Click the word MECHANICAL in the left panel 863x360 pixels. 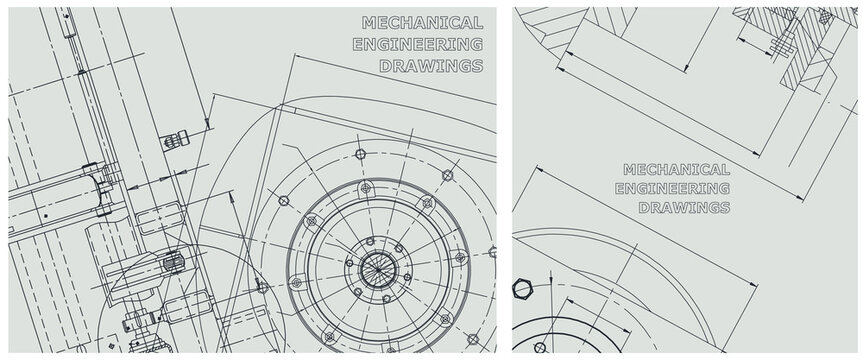tap(422, 23)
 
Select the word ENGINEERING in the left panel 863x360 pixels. tap(418, 44)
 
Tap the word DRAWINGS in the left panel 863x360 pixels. tap(432, 66)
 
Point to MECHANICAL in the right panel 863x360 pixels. tap(676, 169)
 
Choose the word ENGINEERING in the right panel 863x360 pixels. tap(673, 188)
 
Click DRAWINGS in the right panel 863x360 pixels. tap(685, 208)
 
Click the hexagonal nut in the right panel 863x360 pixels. tap(522, 288)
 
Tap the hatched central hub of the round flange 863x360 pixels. tap(378, 269)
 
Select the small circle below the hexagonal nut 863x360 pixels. tap(540, 347)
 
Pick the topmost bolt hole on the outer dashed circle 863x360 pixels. tap(361, 154)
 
